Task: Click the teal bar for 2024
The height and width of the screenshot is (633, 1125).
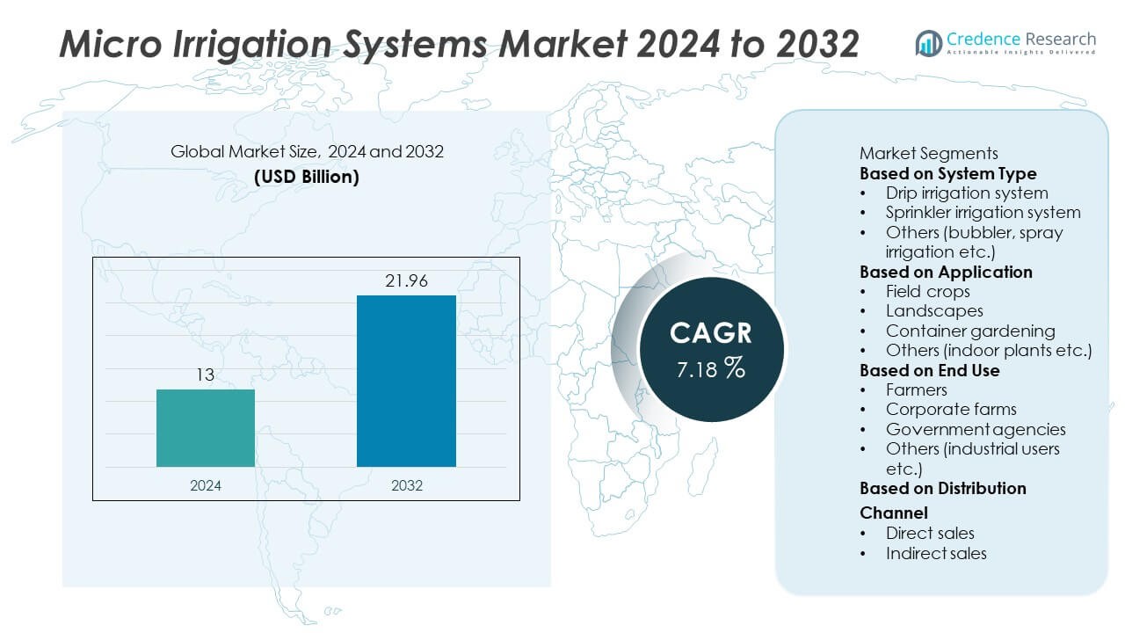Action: pos(206,427)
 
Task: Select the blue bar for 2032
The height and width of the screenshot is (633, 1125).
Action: pos(406,381)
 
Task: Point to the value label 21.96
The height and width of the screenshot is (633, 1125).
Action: pos(406,281)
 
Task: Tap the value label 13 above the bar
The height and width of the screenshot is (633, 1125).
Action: pos(206,375)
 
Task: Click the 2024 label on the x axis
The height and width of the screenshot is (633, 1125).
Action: pos(206,485)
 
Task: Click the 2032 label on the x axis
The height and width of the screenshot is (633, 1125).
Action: pos(406,485)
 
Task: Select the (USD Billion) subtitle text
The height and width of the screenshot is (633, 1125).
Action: pos(307,176)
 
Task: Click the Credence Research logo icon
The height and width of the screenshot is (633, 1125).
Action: pos(928,42)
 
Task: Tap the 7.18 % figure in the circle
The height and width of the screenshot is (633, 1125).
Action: pos(710,369)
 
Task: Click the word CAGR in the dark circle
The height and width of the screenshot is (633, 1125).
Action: pos(710,333)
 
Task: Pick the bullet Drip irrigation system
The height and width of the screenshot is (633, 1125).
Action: pos(966,193)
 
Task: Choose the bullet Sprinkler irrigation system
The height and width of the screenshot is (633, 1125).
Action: pos(983,212)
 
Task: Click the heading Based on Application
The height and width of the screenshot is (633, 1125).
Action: pos(946,272)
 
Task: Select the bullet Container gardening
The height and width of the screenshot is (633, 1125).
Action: pos(970,331)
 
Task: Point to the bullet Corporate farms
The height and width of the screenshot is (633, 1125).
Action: pos(951,409)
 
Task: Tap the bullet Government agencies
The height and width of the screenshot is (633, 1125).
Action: pos(976,429)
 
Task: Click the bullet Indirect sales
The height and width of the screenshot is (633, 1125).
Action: pos(936,553)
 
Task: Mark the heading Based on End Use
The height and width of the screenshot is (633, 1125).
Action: pos(929,370)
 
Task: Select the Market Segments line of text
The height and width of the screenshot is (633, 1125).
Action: pos(928,153)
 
